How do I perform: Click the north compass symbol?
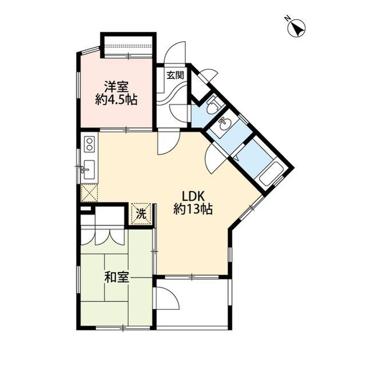pos(297,27)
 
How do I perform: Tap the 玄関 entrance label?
pos(176,75)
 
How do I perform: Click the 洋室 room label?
pos(116,87)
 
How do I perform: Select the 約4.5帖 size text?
pos(116,100)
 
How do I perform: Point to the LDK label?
pos(193,196)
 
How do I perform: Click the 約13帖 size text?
pos(193,209)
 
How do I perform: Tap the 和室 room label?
pos(117,278)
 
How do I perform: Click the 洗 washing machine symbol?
pos(141,214)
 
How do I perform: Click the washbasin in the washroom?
pos(224,122)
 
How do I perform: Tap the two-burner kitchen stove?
pos(89,145)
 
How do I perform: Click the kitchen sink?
pos(89,170)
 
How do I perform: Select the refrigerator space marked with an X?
pos(89,192)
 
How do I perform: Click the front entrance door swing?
pos(175,52)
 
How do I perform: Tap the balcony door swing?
pos(168,298)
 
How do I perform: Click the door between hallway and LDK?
pos(168,142)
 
